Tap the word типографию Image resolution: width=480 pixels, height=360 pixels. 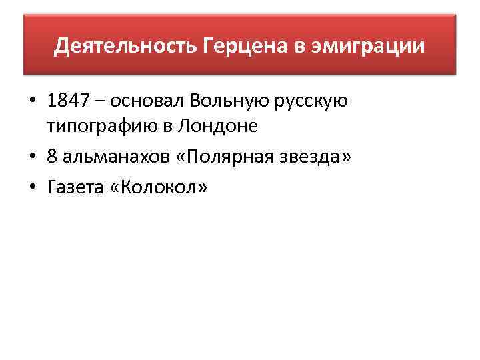coord(97,125)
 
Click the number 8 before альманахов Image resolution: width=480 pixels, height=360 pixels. coord(53,157)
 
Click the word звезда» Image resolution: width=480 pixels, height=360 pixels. coord(315,157)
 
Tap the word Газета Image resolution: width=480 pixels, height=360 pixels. coord(73,188)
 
